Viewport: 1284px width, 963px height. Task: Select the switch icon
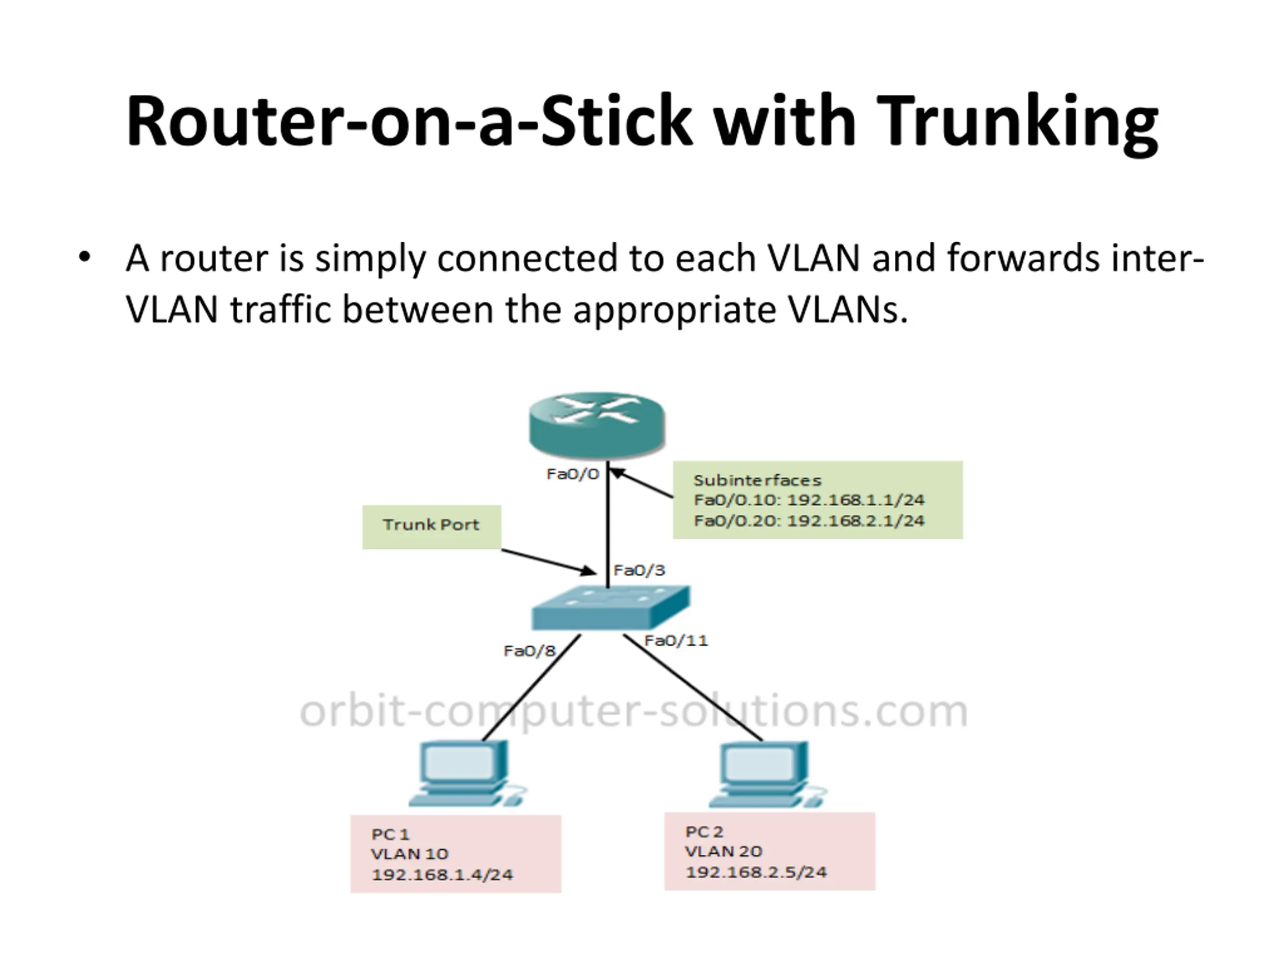[611, 608]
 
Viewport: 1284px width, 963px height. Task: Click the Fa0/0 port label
[572, 474]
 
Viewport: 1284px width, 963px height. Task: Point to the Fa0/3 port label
[639, 570]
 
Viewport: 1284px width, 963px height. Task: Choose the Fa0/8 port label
[529, 651]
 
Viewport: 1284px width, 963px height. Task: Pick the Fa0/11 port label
[676, 640]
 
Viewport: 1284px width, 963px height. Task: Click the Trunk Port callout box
[431, 527]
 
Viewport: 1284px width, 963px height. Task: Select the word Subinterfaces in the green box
[757, 480]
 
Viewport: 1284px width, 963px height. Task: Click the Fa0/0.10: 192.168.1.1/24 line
[809, 500]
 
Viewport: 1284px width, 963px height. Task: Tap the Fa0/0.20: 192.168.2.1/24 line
[809, 520]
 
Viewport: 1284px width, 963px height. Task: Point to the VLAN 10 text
[410, 854]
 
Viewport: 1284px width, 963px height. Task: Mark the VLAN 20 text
[723, 851]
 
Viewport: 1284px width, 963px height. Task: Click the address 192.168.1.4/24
[442, 874]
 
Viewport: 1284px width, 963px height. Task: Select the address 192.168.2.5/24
[756, 871]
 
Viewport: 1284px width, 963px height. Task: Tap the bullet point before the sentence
[85, 257]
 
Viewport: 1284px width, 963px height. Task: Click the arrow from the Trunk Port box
[549, 562]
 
